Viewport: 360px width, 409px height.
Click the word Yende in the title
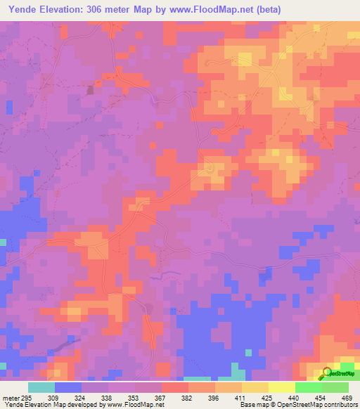pyautogui.click(x=26, y=10)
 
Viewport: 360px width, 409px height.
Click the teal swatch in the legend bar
pyautogui.click(x=41, y=388)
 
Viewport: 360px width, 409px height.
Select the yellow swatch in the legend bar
pyautogui.click(x=282, y=388)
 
